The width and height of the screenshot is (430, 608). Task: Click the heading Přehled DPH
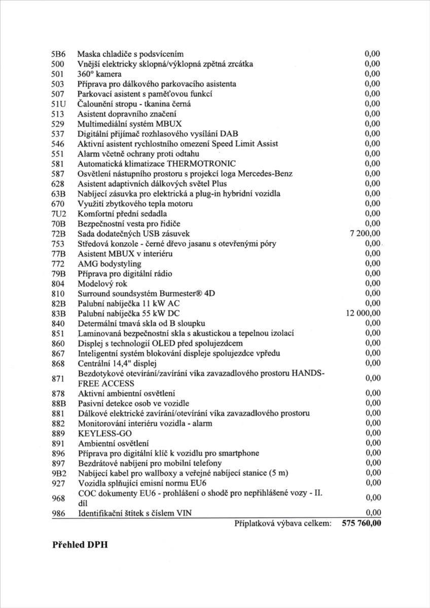pyautogui.click(x=80, y=546)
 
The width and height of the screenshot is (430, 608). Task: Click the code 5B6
pyautogui.click(x=60, y=54)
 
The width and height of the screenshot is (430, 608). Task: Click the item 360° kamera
pyautogui.click(x=99, y=74)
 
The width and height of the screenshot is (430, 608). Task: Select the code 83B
pyautogui.click(x=60, y=313)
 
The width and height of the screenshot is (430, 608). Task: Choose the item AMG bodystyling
pyautogui.click(x=109, y=263)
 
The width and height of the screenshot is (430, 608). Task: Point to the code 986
pyautogui.click(x=59, y=514)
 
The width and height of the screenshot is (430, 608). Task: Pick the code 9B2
pyautogui.click(x=60, y=473)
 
